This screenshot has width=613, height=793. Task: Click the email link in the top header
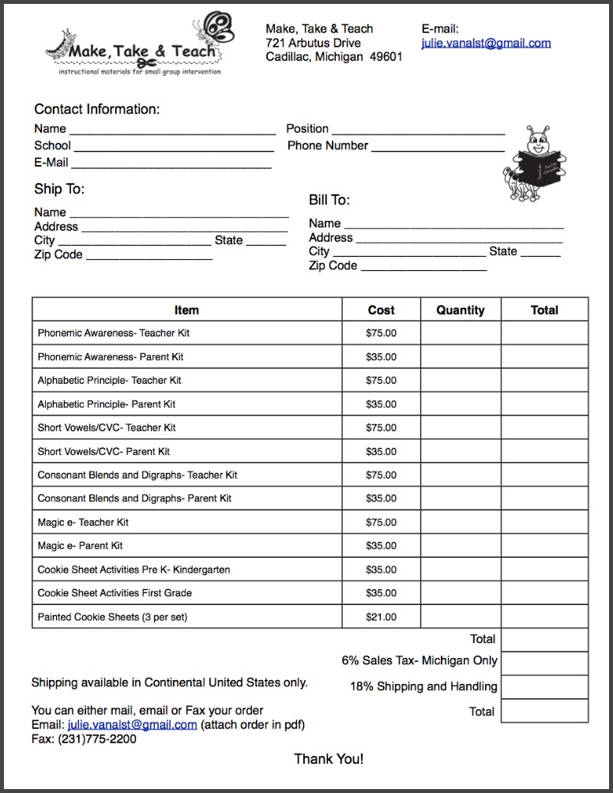[x=486, y=43]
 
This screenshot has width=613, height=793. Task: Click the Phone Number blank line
[x=438, y=147]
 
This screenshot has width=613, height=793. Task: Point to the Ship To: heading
[x=59, y=189]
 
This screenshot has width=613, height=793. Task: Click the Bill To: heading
[x=329, y=200]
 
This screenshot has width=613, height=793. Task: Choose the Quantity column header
[x=461, y=310]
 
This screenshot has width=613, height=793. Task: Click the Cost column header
[x=382, y=310]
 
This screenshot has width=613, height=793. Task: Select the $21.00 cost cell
[x=382, y=617]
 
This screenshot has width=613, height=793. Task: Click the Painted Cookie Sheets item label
[x=112, y=617]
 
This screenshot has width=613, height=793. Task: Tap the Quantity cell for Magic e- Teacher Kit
[x=461, y=522]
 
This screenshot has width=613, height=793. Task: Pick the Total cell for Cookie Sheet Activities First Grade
[x=544, y=593]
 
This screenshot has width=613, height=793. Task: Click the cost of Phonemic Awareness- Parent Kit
[x=382, y=357]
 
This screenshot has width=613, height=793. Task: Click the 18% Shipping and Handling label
[x=423, y=686]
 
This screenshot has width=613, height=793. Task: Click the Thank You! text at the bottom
[x=329, y=759]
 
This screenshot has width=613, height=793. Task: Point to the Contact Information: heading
[x=96, y=109]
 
